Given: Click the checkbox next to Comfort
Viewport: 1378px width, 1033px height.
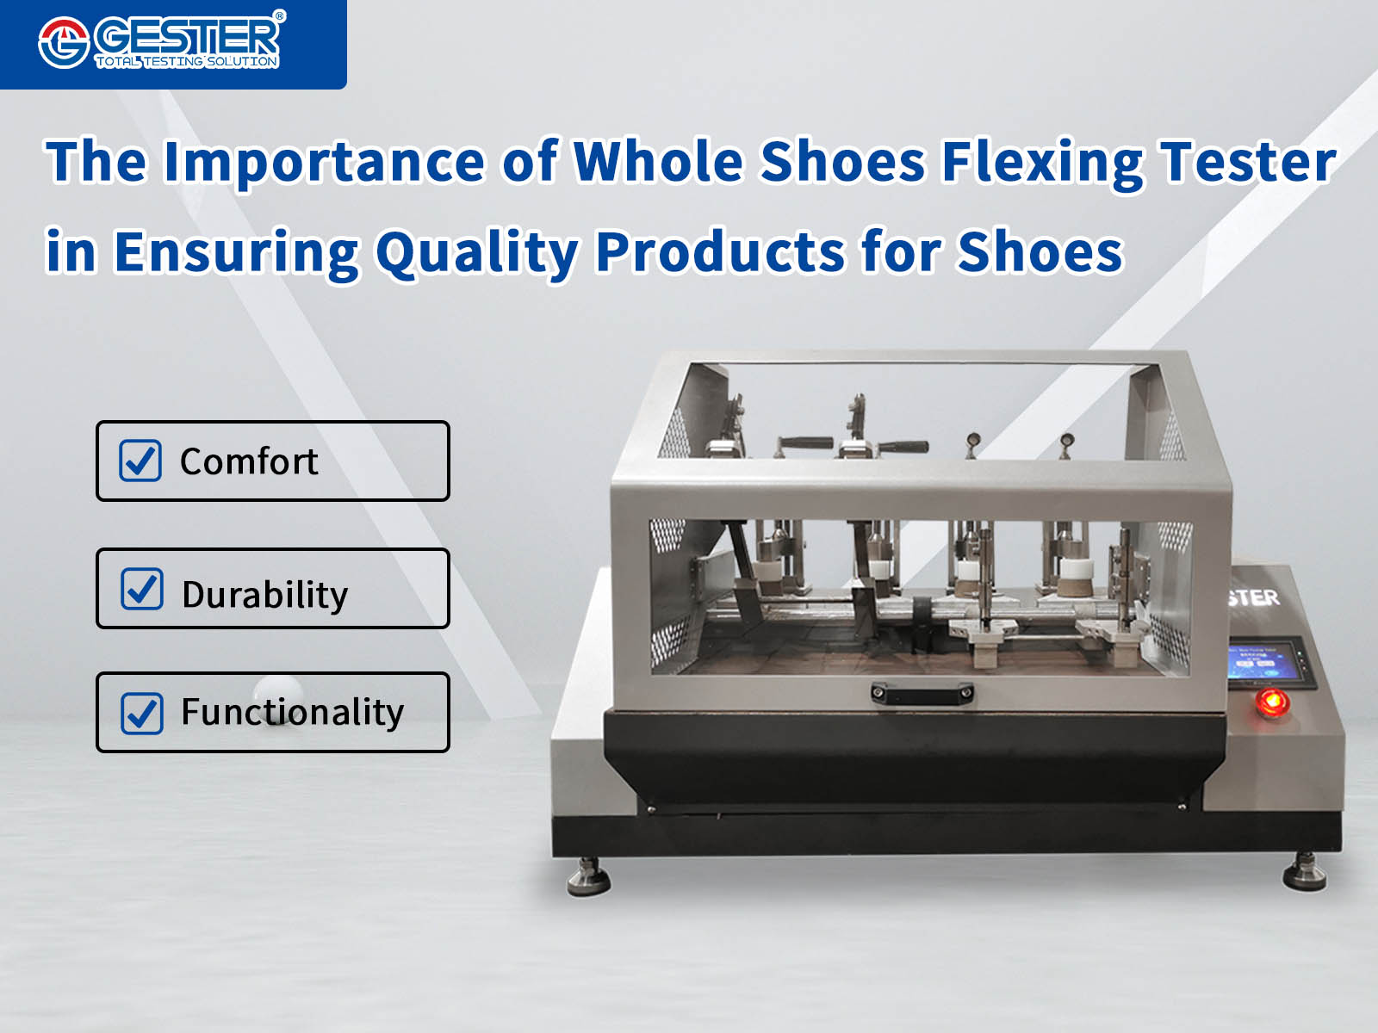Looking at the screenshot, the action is tap(140, 461).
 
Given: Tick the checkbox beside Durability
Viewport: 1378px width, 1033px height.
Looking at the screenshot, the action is tap(142, 589).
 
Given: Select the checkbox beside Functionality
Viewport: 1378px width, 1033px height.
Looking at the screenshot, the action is tap(142, 713).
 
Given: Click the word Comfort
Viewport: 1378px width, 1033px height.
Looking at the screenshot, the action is tap(249, 461).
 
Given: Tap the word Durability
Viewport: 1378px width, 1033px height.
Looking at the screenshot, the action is tap(264, 595).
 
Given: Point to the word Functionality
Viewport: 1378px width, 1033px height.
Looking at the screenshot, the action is tap(293, 713).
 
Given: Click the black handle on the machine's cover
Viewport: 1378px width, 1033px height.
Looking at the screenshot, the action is tap(922, 693).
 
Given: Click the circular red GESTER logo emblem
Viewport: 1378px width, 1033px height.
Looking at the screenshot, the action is tap(64, 43).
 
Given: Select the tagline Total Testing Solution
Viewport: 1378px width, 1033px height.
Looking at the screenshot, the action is tap(186, 61).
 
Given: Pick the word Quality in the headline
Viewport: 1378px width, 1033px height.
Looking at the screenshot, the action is tap(478, 253).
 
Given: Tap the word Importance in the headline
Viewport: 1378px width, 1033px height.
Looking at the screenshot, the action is tap(324, 163).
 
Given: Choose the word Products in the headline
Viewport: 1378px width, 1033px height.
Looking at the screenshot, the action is tap(720, 251).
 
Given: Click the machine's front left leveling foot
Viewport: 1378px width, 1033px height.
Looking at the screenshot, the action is tap(588, 876).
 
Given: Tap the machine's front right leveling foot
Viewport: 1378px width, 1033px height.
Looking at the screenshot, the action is tap(1305, 872).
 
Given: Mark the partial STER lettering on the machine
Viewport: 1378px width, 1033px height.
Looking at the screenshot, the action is tap(1254, 597).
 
